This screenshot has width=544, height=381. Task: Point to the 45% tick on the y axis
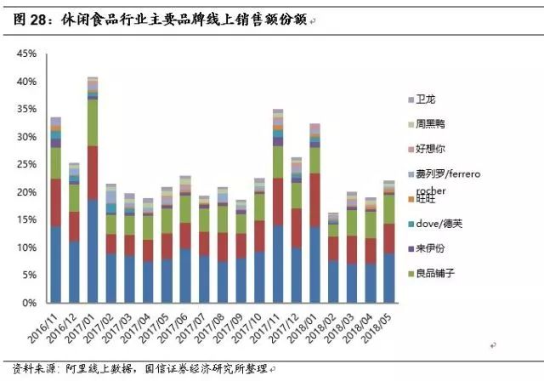tap(25, 54)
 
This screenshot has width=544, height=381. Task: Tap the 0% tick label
tap(29, 303)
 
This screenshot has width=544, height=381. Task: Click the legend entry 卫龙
tap(428, 100)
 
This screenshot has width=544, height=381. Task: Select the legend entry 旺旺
tap(428, 199)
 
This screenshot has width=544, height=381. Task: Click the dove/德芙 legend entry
tap(443, 224)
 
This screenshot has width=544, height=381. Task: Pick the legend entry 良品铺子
tap(437, 273)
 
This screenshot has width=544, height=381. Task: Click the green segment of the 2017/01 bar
tap(93, 123)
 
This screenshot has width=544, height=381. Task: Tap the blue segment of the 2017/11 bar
tap(277, 264)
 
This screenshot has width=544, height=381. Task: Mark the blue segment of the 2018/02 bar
tap(332, 281)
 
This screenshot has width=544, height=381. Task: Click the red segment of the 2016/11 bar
tap(56, 202)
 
